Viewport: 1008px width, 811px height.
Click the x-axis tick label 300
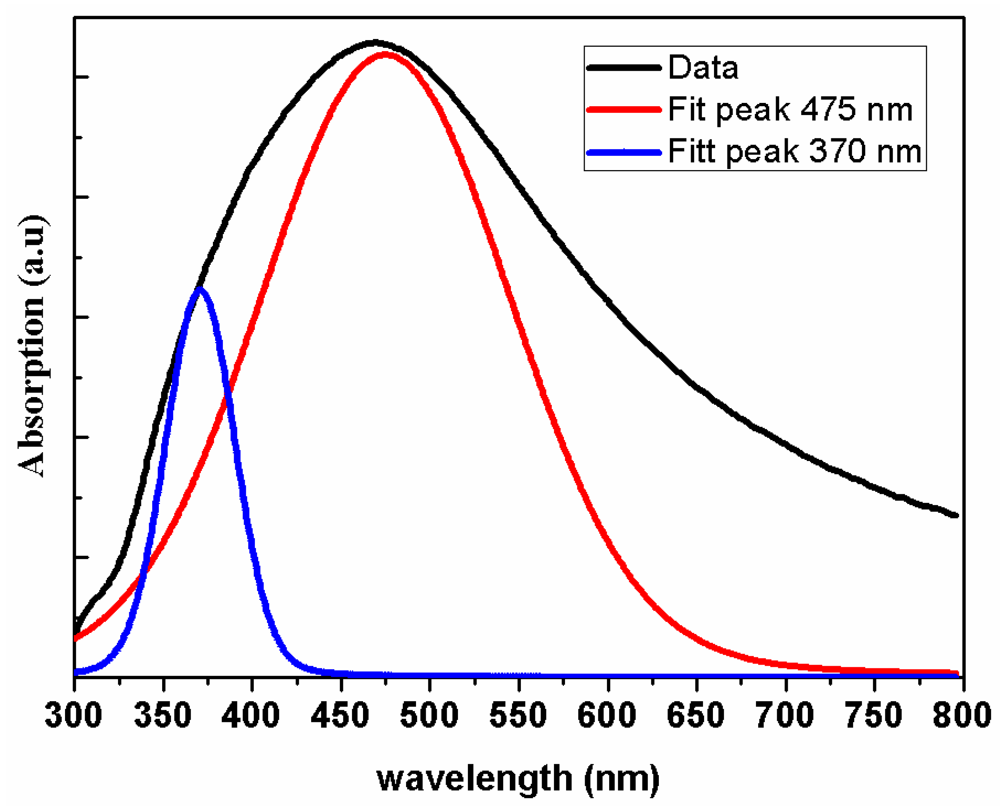click(73, 715)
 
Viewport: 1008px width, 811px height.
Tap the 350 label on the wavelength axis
click(163, 715)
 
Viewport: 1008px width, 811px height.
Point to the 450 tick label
click(340, 715)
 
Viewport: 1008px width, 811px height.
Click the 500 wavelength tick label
click(429, 715)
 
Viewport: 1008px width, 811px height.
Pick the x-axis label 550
click(518, 715)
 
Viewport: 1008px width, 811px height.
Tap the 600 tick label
click(607, 715)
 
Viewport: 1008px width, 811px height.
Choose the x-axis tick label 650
click(696, 715)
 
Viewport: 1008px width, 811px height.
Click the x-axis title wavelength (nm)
click(518, 779)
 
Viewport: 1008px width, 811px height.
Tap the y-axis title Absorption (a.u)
click(32, 346)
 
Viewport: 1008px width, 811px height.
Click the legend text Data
click(703, 68)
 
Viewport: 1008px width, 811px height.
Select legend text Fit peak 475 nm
click(790, 110)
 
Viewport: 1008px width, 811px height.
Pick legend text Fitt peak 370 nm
click(795, 151)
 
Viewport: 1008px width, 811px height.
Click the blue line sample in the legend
click(624, 152)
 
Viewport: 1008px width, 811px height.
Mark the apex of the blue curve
click(200, 289)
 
